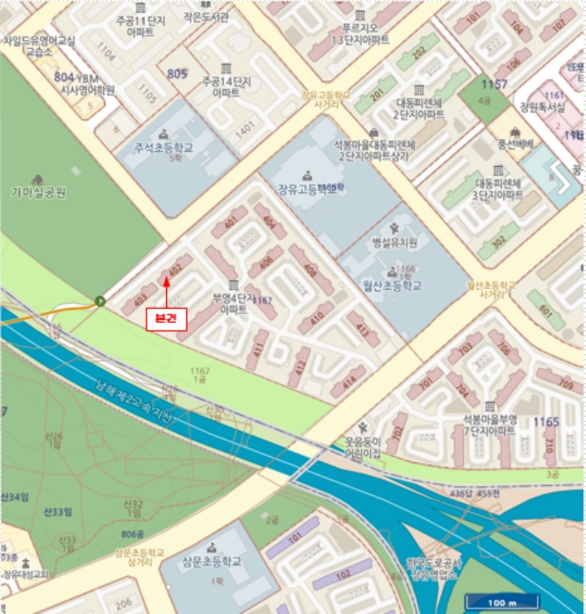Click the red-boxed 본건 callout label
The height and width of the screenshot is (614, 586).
166,319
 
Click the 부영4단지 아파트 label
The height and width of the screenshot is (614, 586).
233,303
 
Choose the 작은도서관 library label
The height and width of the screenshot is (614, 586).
206,17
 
